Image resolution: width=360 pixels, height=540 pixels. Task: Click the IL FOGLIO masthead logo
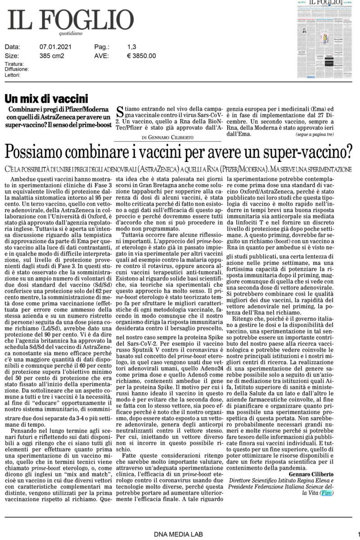pyautogui.click(x=70, y=20)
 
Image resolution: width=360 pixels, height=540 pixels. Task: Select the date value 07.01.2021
pyautogui.click(x=56, y=46)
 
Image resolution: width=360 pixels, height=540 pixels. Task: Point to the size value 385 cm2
pyautogui.click(x=52, y=56)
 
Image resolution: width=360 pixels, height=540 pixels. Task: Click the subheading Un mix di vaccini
pyautogui.click(x=46, y=98)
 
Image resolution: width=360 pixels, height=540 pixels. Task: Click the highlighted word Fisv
pyautogui.click(x=327, y=494)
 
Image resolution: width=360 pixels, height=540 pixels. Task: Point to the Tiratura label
pyautogui.click(x=14, y=64)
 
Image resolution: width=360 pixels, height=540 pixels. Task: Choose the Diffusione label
pyautogui.click(x=17, y=69)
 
